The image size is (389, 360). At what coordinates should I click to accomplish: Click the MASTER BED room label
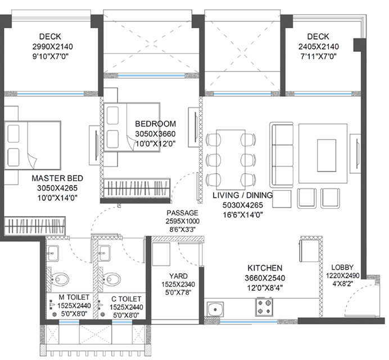tap(57, 178)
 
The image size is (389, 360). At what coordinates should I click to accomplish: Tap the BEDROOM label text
tap(155, 124)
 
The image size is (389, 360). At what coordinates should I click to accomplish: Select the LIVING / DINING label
tap(243, 195)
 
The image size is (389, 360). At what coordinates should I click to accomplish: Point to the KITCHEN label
tap(265, 268)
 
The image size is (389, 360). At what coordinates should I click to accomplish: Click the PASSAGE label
tap(182, 213)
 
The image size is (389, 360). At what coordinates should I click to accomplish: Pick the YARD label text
tap(178, 276)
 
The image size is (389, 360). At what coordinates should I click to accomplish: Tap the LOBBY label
tap(342, 267)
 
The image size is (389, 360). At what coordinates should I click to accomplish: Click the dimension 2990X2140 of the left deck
tap(53, 47)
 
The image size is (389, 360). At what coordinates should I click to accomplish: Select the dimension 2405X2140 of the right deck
tap(319, 47)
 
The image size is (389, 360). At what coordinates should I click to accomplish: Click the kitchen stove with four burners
tap(264, 307)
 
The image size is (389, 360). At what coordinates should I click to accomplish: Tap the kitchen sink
tap(215, 309)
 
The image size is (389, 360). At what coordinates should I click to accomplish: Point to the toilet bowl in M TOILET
tap(60, 280)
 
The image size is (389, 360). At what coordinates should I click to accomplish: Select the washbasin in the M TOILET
tap(52, 253)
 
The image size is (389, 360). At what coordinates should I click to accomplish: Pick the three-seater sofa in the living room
tap(282, 155)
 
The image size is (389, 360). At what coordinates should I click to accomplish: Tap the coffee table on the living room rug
tap(327, 155)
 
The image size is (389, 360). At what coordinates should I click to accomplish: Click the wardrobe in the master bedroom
tap(35, 226)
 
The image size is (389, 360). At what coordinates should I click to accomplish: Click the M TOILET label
tap(74, 297)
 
